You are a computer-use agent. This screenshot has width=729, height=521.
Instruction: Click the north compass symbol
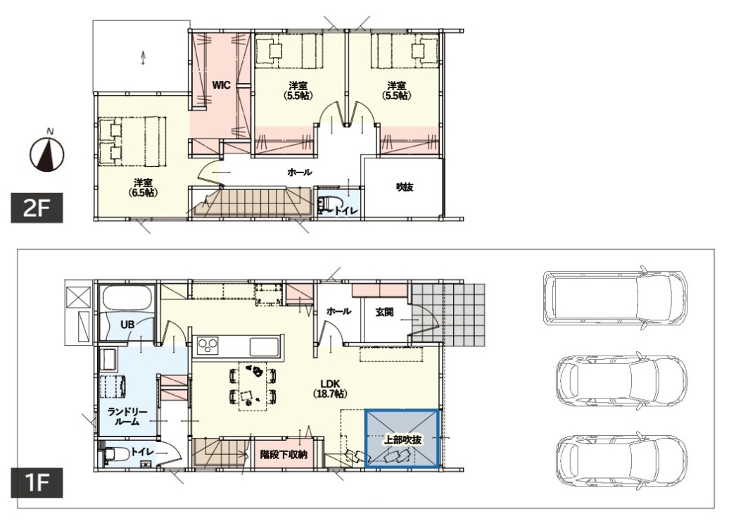46,153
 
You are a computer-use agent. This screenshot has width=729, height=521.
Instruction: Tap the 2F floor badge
37,208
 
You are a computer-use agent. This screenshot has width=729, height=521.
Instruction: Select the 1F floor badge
37,483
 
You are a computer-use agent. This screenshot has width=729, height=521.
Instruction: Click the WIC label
221,85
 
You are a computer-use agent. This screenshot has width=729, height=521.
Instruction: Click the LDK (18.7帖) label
329,389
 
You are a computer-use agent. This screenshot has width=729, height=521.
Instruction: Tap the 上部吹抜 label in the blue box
402,439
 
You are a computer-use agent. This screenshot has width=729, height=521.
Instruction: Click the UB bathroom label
127,325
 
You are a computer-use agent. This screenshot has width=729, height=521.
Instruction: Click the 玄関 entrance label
384,312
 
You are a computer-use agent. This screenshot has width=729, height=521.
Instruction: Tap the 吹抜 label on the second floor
405,187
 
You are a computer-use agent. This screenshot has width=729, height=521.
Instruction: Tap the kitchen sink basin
264,346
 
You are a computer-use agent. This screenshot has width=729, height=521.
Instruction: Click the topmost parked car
614,298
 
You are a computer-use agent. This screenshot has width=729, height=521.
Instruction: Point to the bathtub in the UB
127,299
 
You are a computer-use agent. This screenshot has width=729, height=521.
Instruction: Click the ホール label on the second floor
300,172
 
